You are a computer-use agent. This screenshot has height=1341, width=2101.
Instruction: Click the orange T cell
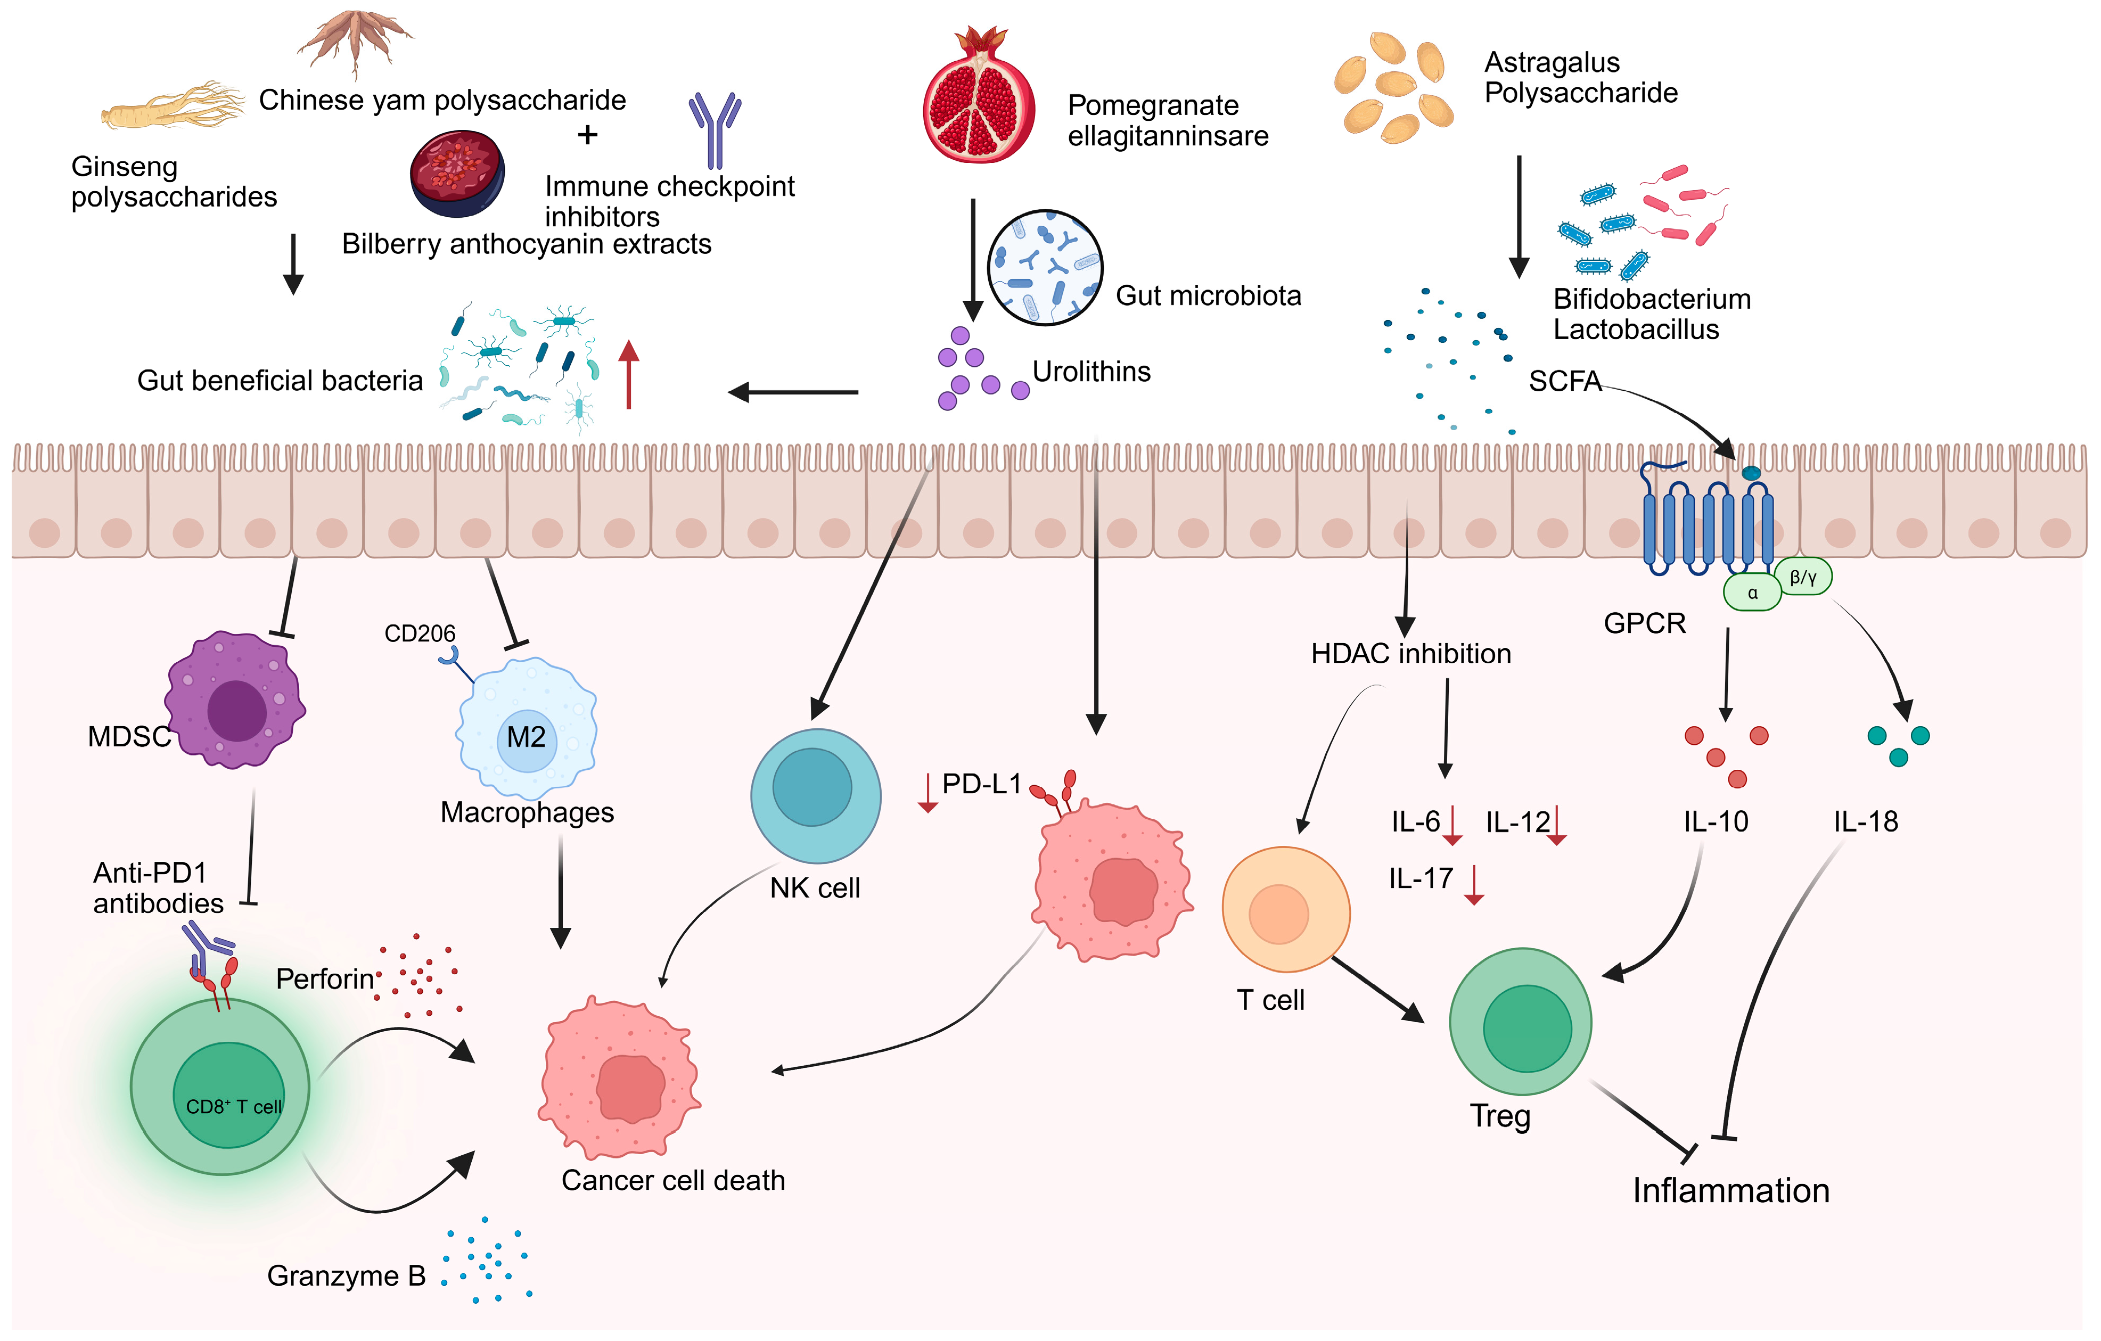point(1285,910)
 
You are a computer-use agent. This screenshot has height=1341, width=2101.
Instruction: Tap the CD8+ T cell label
point(233,1106)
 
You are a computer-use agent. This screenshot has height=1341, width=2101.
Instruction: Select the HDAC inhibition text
point(1410,654)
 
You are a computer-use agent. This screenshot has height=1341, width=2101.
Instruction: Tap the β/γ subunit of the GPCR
point(1803,577)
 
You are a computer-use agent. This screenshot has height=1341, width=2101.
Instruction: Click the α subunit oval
point(1751,593)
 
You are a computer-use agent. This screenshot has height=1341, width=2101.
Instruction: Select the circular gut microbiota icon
point(1045,268)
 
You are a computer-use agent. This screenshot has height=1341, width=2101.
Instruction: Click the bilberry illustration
point(457,174)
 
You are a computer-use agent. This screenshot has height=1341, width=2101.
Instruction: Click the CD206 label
point(420,634)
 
